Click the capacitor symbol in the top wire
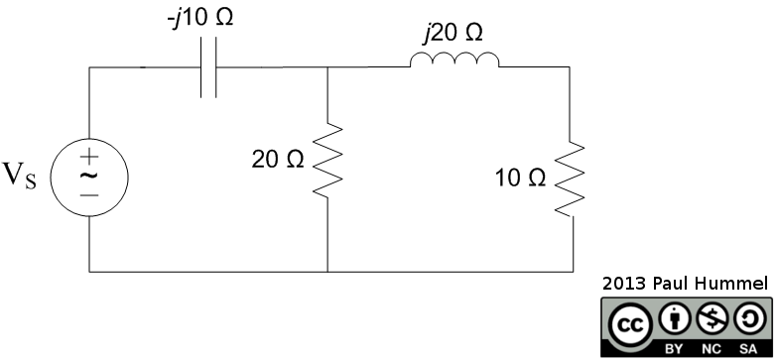pos(207,68)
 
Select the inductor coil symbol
pos(454,62)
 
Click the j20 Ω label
pos(451,33)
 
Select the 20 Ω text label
pos(277,161)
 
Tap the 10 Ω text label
pos(520,180)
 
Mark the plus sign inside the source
pos(88,155)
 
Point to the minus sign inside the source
pos(88,195)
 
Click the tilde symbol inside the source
pos(88,175)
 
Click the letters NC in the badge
pos(708,348)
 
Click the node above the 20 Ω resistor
pos(327,67)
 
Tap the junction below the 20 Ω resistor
pos(327,271)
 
